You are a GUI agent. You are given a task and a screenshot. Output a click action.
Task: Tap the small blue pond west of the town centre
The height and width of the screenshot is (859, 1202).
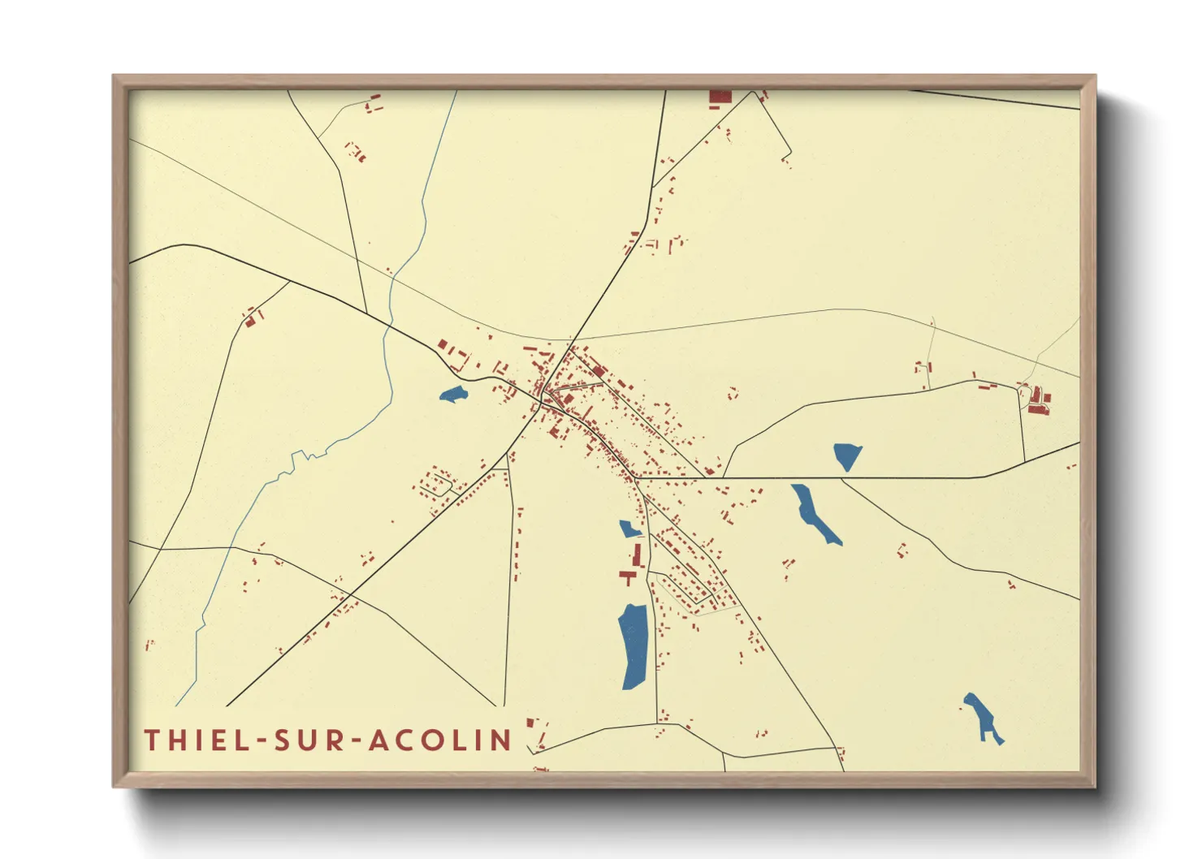click(x=453, y=395)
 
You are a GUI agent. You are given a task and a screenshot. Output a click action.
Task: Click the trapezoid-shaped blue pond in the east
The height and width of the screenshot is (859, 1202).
click(x=847, y=455)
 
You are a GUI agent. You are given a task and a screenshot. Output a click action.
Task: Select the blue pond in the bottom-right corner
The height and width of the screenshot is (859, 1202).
click(x=983, y=718)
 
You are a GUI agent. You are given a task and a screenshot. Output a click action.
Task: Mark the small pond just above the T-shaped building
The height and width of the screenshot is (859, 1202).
click(x=629, y=529)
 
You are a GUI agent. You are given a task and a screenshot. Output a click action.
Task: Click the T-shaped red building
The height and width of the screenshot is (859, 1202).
click(x=628, y=576)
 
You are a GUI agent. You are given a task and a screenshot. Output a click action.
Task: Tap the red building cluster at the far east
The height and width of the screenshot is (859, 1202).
click(x=1037, y=400)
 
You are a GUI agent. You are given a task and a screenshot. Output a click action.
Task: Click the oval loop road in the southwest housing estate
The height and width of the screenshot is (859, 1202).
click(x=436, y=484)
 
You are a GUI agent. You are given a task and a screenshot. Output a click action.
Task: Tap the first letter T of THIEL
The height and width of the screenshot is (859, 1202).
click(x=151, y=740)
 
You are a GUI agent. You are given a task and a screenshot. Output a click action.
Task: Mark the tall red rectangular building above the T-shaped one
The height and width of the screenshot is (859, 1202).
click(x=638, y=555)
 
